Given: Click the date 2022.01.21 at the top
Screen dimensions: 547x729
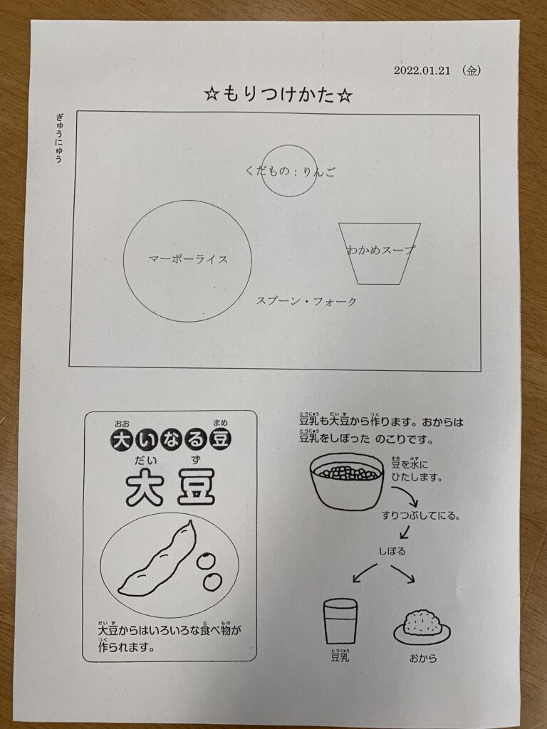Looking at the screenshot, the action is click(x=422, y=70).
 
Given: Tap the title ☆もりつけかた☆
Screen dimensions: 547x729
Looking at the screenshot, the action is click(x=278, y=95).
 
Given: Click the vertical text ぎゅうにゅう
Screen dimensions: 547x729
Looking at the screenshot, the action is click(x=59, y=138).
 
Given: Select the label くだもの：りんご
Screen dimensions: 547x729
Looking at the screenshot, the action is click(x=290, y=172).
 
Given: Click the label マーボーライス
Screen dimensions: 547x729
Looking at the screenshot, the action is click(x=188, y=259).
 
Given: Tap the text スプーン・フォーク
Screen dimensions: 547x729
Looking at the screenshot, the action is click(x=306, y=301).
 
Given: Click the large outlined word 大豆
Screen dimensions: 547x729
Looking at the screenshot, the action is click(x=170, y=487).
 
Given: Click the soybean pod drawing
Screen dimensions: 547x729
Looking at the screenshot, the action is click(x=157, y=558).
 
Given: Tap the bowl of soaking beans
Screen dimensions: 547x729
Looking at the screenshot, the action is click(x=347, y=482).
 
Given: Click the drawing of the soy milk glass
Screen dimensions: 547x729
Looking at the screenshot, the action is click(x=340, y=621).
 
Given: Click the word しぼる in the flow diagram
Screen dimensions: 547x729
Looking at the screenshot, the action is click(x=392, y=552).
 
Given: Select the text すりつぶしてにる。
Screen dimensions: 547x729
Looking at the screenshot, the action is click(x=421, y=515).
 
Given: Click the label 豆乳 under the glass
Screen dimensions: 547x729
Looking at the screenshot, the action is click(x=340, y=656).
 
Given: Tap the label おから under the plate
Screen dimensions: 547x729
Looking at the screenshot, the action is click(x=423, y=659).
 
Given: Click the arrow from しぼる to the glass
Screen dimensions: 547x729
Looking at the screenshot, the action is click(x=365, y=572).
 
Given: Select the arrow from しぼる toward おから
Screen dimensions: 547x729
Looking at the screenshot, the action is click(x=403, y=574).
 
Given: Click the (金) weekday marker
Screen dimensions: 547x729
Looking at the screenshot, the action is click(x=471, y=70).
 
